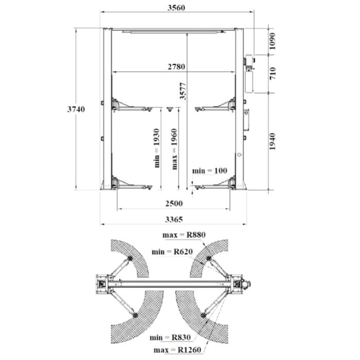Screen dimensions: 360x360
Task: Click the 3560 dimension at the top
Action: (176, 8)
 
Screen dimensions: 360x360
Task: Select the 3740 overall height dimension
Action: (76, 109)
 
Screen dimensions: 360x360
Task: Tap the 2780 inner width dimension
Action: (176, 67)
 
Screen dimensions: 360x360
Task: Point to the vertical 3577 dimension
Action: (183, 91)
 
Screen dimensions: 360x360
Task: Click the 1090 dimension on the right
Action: (272, 41)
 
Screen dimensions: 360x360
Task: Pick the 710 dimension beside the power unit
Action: (272, 74)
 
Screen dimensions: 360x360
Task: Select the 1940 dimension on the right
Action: (272, 141)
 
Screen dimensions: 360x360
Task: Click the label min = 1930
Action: (157, 148)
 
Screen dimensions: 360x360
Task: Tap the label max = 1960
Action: (174, 149)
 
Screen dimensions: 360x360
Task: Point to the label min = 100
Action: (210, 171)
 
